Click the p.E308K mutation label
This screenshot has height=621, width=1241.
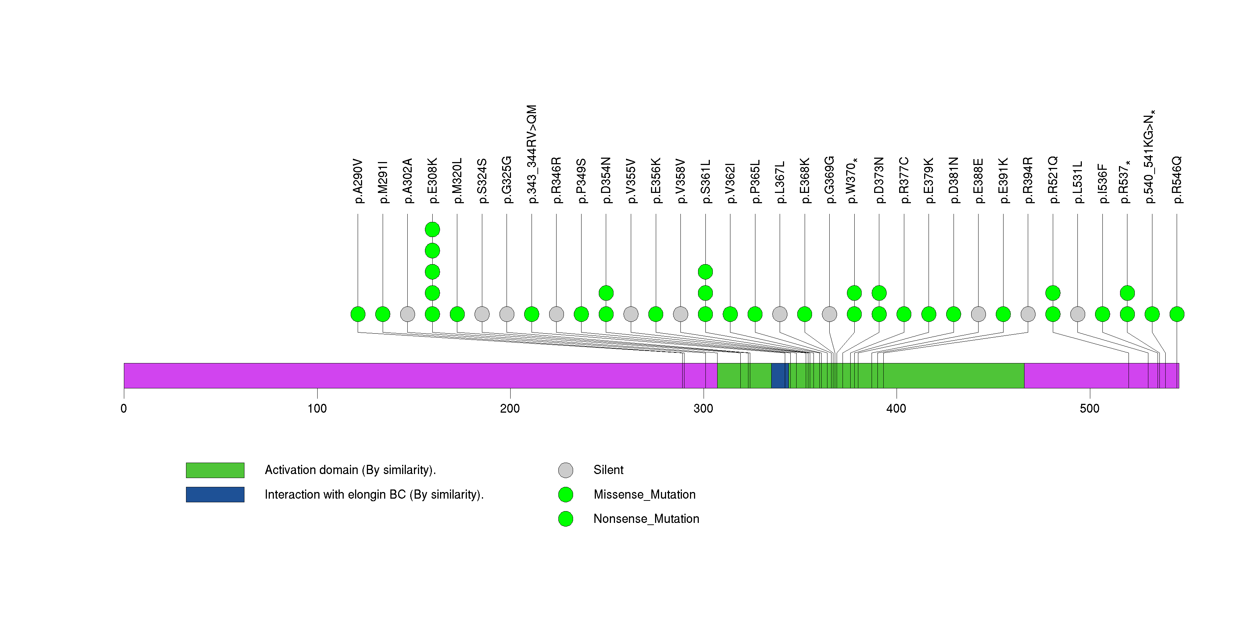coord(433,180)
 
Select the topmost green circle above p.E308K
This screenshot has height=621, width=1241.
coord(433,230)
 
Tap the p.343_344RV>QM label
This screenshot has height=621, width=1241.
coord(532,154)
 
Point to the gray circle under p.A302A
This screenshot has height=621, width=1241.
coord(408,314)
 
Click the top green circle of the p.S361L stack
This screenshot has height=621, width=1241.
coord(705,272)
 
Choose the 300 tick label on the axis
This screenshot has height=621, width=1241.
coord(703,409)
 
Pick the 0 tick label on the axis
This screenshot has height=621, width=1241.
coord(124,409)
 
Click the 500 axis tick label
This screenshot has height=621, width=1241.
coord(1090,409)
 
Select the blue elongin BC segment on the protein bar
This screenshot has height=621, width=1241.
coord(780,376)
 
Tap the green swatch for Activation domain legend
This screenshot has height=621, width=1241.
coord(215,470)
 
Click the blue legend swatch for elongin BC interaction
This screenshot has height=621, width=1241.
coord(215,494)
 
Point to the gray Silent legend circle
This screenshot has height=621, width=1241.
coord(566,470)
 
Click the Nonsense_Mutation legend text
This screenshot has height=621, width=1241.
coord(646,519)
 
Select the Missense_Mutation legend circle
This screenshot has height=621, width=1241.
coord(566,494)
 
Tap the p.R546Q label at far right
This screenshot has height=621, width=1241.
coord(1177,180)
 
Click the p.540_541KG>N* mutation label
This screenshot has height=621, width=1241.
coord(1151,157)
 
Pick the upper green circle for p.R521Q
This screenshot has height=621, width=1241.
coord(1053,293)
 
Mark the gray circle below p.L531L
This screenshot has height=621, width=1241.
coord(1078,314)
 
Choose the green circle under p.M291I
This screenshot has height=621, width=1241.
coord(383,314)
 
